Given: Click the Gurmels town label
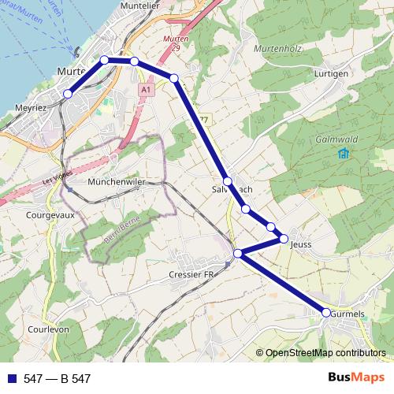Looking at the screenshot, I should click(349, 314).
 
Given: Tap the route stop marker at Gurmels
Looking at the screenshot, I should click(326, 313).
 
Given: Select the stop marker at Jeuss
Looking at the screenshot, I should click(284, 238).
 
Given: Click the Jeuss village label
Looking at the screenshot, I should click(302, 244).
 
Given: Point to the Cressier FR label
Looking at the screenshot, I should click(192, 274).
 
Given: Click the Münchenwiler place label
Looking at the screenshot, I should click(119, 181).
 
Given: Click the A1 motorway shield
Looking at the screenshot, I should click(146, 91).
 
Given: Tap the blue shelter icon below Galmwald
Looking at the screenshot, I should click(342, 153).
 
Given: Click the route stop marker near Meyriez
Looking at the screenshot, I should click(68, 94).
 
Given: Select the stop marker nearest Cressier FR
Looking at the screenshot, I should click(238, 253).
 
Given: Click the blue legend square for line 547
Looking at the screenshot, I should click(11, 379).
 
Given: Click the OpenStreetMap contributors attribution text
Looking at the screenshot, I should click(326, 354).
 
